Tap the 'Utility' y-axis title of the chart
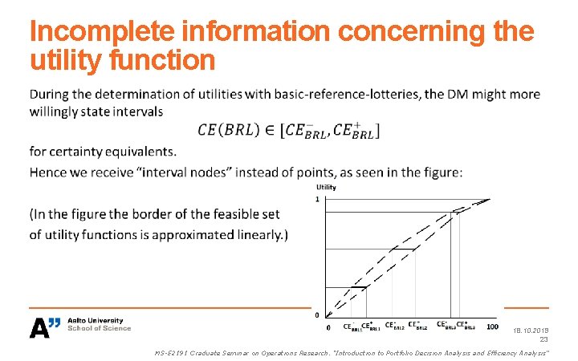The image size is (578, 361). click(326, 188)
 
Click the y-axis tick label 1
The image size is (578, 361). click(317, 199)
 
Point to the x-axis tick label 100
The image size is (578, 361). click(491, 327)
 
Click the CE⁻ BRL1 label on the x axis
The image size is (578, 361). click(352, 327)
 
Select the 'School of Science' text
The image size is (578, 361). click(99, 329)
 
